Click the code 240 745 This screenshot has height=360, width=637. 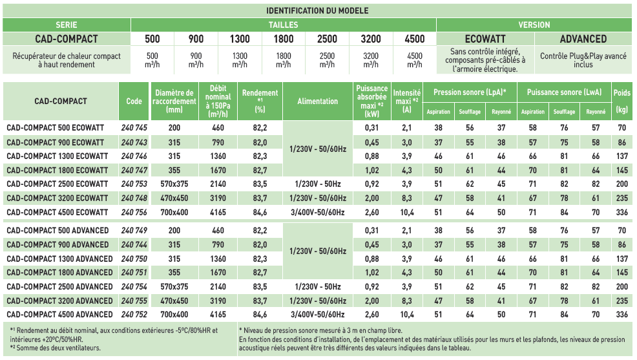point(134,128)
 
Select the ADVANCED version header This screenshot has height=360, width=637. point(583,39)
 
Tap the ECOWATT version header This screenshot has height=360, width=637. point(485,39)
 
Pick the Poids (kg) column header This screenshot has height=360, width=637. point(622,101)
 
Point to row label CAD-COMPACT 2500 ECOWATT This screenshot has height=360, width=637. point(57,184)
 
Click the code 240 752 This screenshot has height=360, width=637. point(134,314)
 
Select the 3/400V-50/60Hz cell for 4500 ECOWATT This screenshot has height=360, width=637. point(318,211)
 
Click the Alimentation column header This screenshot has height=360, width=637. point(318,101)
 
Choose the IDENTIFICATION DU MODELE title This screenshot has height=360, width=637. point(318,11)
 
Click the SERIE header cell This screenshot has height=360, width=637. point(66,25)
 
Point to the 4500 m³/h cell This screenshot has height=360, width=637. point(415,60)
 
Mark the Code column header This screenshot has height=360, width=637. point(134,101)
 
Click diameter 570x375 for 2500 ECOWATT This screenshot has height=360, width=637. point(174,184)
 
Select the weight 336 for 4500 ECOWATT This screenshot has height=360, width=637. point(622,211)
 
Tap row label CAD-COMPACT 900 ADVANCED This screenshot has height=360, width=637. point(57,244)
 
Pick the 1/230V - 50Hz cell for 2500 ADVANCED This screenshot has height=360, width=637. point(318,286)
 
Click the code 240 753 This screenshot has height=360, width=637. point(134,184)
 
